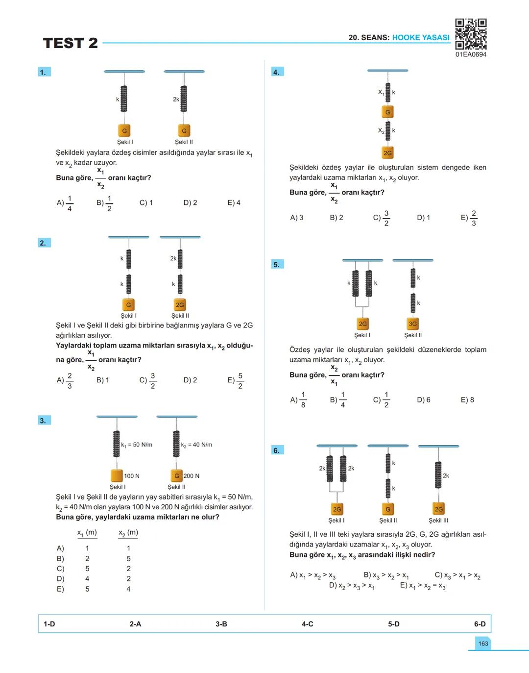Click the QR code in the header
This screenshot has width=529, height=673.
tap(471, 34)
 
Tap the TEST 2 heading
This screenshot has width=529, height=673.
tap(71, 43)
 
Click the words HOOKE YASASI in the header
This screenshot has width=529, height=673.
tap(421, 38)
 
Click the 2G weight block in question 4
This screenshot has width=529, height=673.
tap(387, 153)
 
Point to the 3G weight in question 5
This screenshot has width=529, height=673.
tap(413, 324)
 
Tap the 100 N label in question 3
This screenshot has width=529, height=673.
tap(132, 476)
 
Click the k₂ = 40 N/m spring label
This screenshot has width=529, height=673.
tap(196, 445)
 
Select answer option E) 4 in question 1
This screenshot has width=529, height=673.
tap(234, 202)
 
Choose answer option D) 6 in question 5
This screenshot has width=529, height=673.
tap(423, 399)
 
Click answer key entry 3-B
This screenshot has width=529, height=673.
tap(221, 624)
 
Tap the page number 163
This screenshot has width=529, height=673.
tap(483, 643)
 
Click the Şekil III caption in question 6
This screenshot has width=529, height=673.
tap(438, 521)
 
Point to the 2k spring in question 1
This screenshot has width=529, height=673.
tap(184, 99)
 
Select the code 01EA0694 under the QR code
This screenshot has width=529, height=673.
tap(471, 54)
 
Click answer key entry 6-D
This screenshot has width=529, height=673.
tap(480, 624)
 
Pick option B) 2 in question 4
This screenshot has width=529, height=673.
tap(336, 217)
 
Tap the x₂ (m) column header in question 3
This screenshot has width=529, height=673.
tap(128, 532)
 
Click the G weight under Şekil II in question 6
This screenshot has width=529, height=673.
tap(388, 509)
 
